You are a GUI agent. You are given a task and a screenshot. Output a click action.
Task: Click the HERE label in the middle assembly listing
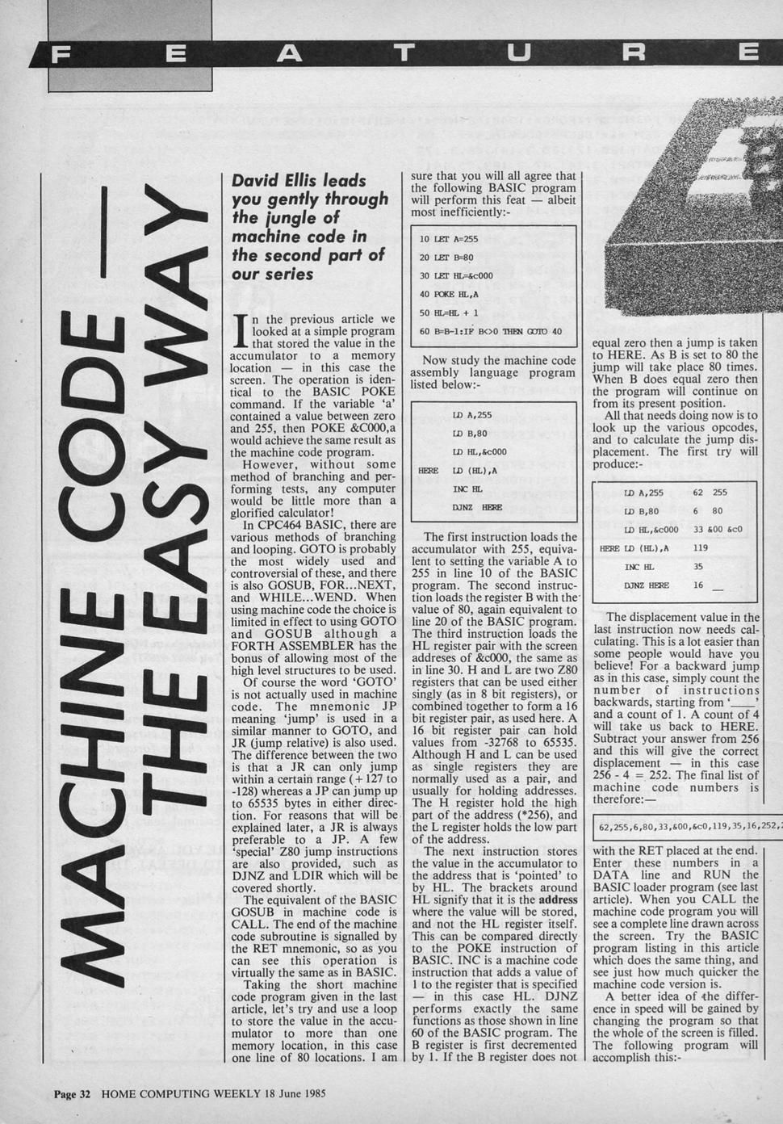428,470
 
